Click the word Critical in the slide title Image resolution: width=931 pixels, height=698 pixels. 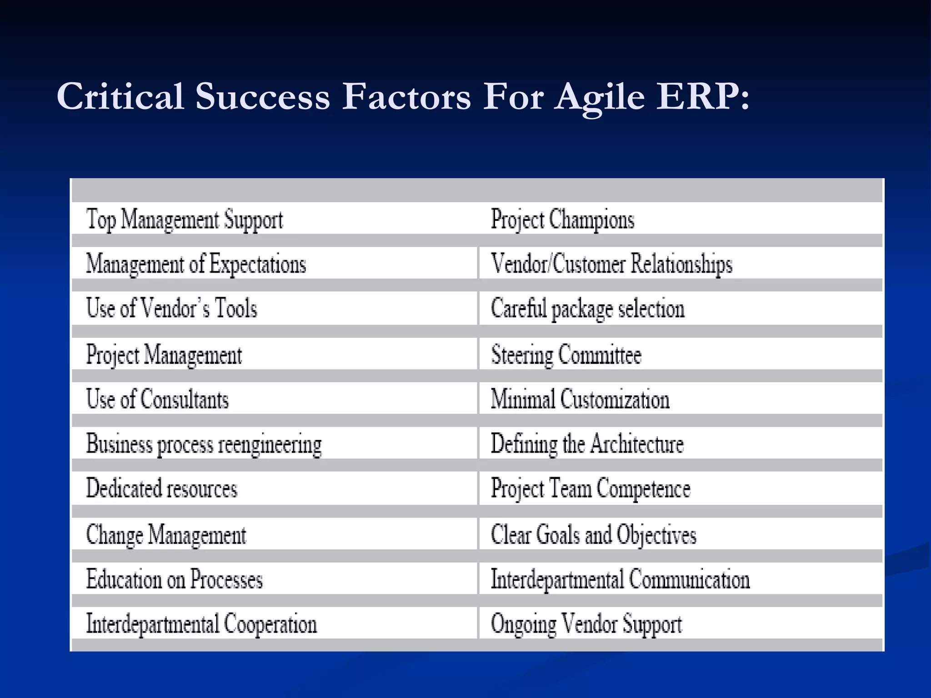coord(120,96)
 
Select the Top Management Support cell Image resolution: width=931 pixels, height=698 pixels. coord(185,219)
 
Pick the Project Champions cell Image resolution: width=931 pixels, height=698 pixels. coord(562,219)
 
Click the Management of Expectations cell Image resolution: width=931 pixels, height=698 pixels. coord(196,264)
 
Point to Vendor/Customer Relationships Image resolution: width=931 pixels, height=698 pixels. coord(611,264)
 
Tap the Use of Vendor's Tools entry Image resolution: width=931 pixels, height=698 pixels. coord(171,308)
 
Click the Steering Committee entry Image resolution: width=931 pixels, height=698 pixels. coord(566,354)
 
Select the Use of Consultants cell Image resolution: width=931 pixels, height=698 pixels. coord(157,399)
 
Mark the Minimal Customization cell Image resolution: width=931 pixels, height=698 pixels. coord(580,399)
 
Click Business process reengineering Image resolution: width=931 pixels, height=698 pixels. coord(204,444)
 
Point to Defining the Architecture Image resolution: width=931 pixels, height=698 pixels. coord(587,444)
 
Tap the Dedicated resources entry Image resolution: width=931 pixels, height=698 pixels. coord(162,489)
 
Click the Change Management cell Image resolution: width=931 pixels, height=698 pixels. coord(166,534)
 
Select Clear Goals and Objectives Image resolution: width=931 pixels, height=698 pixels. coord(593,534)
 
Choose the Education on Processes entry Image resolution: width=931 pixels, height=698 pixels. coord(175,579)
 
